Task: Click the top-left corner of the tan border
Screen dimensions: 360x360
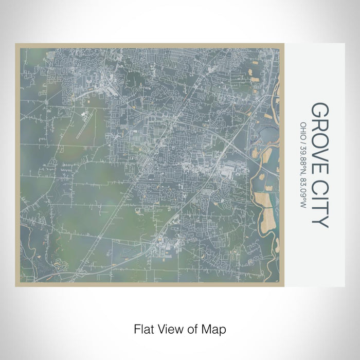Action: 16,44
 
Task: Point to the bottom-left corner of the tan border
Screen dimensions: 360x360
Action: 16,285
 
